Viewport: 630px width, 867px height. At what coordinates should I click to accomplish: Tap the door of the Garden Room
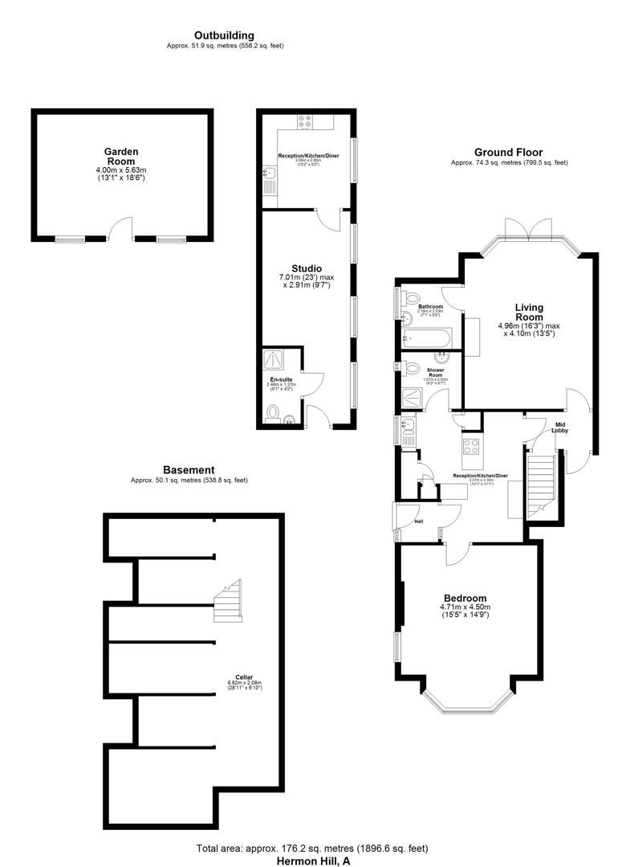coord(121,229)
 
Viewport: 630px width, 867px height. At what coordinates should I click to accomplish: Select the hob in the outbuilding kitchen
coord(306,122)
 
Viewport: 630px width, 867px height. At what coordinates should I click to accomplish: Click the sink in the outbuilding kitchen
coord(269,173)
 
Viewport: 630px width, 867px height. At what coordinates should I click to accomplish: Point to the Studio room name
coord(306,268)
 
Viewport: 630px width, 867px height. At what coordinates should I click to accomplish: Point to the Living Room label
coord(529,312)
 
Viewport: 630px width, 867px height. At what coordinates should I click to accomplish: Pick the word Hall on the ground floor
coord(418,521)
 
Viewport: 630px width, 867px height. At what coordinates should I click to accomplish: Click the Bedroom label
coord(465,599)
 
